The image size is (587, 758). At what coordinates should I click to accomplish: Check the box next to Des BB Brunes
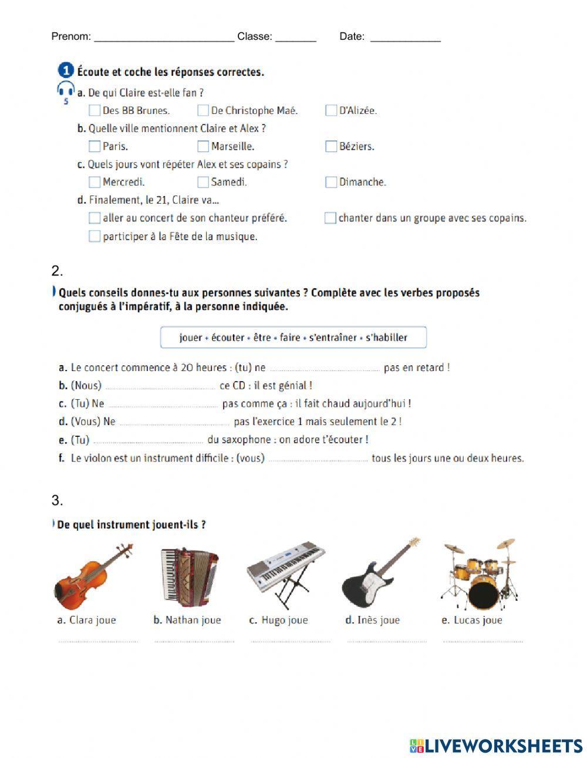(94, 110)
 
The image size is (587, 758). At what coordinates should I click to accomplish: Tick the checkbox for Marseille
(203, 146)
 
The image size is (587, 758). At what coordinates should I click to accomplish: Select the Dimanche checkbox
(331, 182)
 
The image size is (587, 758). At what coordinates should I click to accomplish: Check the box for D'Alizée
(331, 110)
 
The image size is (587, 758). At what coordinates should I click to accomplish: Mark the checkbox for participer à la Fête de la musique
(94, 237)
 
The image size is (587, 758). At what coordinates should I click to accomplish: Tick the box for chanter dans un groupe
(330, 218)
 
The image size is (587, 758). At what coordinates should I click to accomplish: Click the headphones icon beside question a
(66, 90)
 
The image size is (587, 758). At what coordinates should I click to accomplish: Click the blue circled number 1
(66, 71)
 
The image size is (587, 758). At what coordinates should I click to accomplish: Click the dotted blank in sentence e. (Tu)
(148, 442)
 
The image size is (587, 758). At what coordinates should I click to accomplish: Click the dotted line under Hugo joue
(290, 642)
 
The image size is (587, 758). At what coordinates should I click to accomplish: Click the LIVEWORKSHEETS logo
(496, 746)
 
